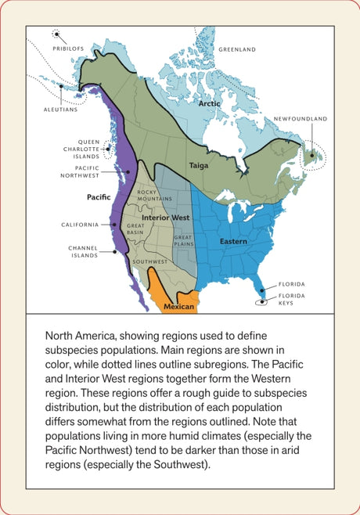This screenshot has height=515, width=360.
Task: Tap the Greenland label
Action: point(237,49)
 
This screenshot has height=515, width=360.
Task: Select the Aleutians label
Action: point(60,110)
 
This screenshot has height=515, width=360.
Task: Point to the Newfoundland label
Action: point(301,119)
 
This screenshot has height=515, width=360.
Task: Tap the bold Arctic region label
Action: point(209,103)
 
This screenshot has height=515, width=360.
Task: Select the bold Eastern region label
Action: point(232,242)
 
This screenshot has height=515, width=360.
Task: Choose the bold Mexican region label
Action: point(178,307)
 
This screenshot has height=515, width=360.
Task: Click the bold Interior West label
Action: point(165,217)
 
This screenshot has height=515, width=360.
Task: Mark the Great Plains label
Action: point(183,240)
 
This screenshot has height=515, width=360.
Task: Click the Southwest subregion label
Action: point(150,261)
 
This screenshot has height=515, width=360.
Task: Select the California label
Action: point(80,225)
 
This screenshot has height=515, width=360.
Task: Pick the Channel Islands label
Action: point(82,251)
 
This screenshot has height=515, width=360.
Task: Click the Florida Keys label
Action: point(294,299)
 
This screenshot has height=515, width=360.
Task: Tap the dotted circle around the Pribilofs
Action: point(57,34)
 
